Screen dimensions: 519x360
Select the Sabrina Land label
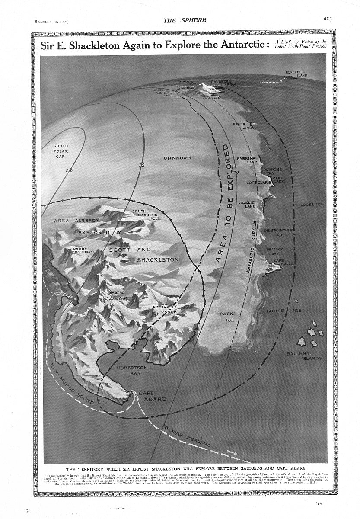tap(247, 161)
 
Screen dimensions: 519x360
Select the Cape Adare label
tap(152, 396)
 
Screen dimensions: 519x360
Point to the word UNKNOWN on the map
tap(177, 158)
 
